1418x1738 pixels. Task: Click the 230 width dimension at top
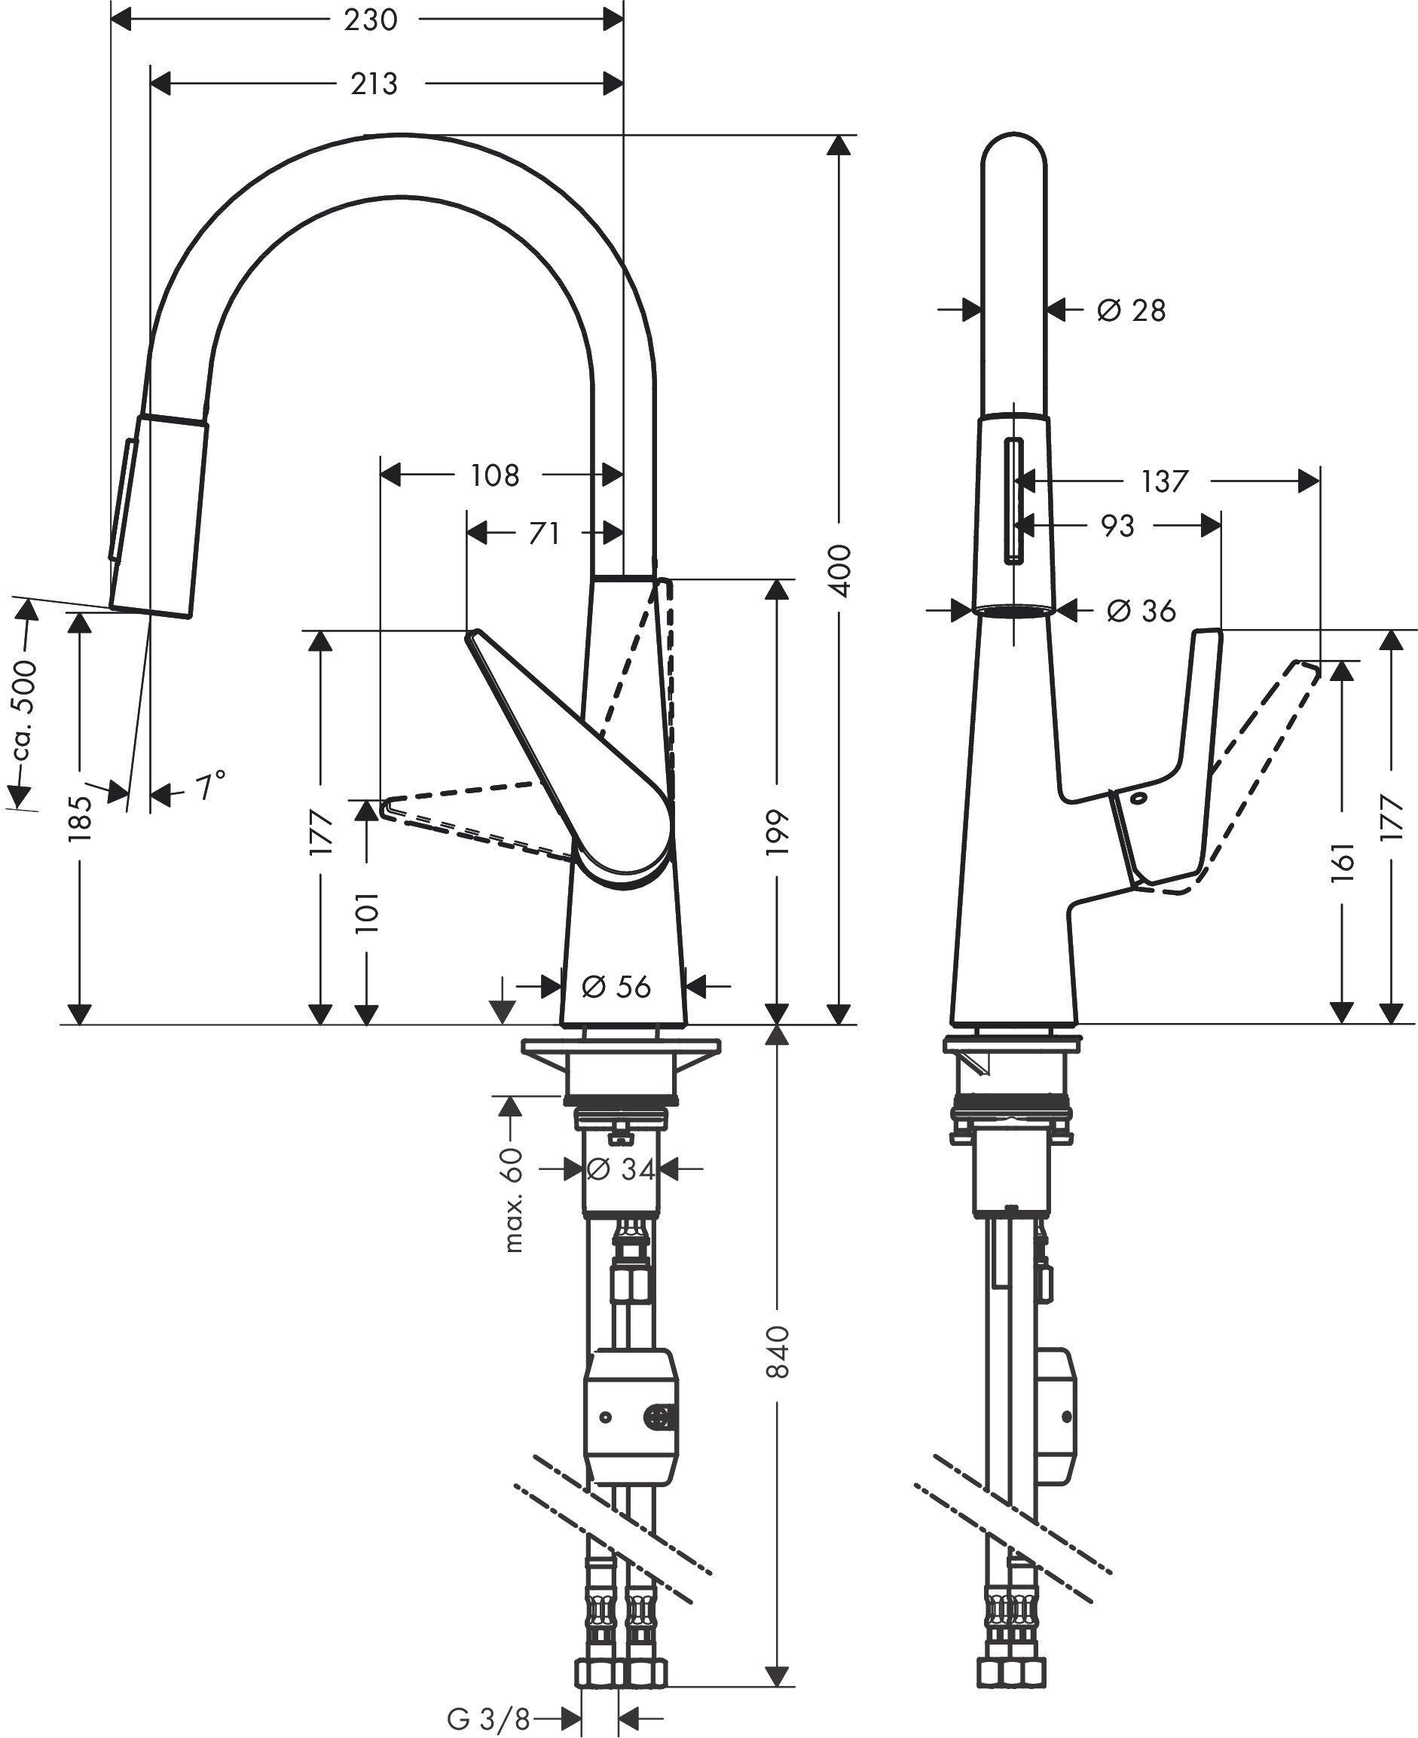(370, 20)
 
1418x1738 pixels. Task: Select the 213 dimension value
(374, 84)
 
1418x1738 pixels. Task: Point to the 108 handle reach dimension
(494, 475)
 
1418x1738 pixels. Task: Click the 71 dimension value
(544, 533)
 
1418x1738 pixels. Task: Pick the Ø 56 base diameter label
(616, 987)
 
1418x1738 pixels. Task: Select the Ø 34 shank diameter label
(621, 1169)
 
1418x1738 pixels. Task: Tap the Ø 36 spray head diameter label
(1141, 610)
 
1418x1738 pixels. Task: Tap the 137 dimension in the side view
(1164, 481)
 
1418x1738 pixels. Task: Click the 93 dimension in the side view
(1117, 526)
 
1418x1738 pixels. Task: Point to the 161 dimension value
(1342, 862)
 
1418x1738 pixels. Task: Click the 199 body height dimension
(777, 832)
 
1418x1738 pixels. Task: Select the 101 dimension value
(368, 912)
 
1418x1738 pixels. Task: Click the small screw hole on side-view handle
(1139, 797)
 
